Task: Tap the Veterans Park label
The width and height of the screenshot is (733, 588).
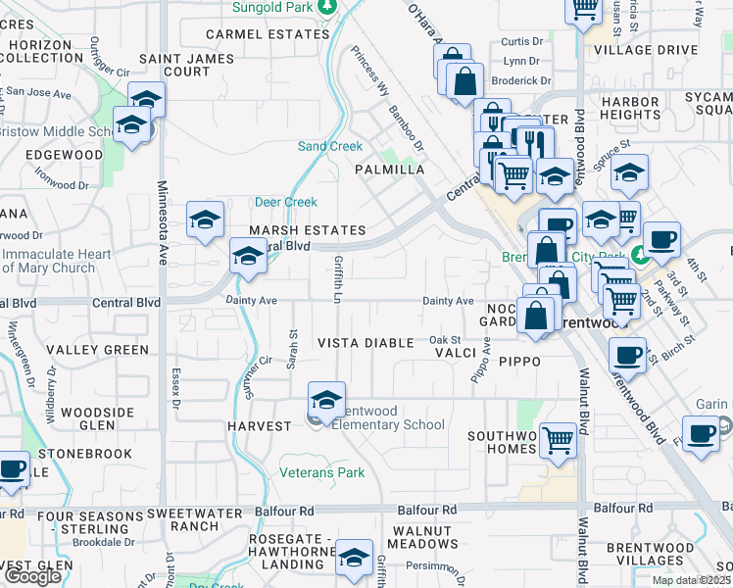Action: pos(322,473)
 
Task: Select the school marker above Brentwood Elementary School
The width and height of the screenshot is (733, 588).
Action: pos(326,399)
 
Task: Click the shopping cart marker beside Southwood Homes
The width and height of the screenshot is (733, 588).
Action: pos(558,440)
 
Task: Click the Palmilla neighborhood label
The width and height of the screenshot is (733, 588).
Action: pos(389,170)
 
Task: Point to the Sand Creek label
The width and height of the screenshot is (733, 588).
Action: pos(330,147)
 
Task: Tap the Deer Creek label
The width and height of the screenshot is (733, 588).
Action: pos(286,203)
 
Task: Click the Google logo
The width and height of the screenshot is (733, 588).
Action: pos(32,576)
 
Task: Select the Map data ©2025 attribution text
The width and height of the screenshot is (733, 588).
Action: pos(691,580)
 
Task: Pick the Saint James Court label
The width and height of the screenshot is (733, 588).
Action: pos(187,65)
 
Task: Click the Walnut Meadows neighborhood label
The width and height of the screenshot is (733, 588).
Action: pos(421,537)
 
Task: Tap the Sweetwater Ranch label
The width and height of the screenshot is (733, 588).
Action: pos(195,518)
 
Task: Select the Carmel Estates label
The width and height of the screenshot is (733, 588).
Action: pos(268,34)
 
